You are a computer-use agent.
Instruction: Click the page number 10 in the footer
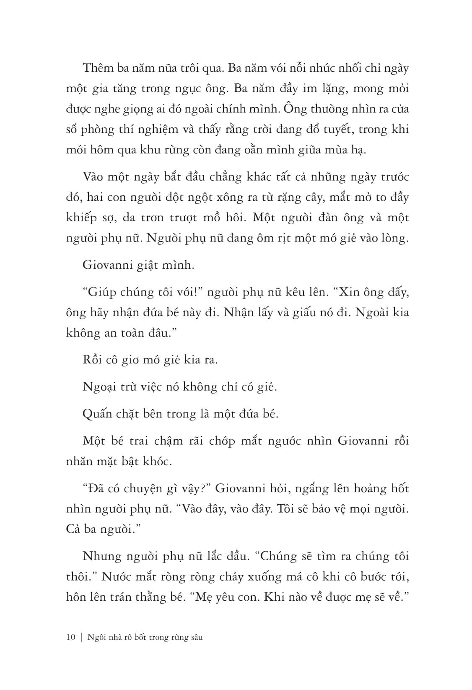(x=70, y=638)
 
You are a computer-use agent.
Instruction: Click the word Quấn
(x=98, y=414)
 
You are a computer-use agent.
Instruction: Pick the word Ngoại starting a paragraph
(x=99, y=387)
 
